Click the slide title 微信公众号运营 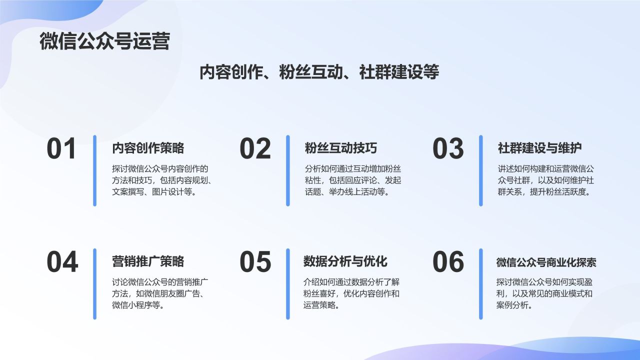click(104, 41)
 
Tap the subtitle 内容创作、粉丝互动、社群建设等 click(319, 72)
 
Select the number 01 click(61, 149)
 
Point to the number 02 click(255, 149)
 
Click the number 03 click(448, 149)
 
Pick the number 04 click(62, 262)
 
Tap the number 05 click(255, 262)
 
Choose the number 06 click(448, 262)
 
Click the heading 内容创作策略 click(148, 148)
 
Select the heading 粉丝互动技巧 click(341, 148)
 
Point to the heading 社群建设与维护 click(539, 148)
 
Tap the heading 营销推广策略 click(148, 261)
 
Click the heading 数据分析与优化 click(345, 261)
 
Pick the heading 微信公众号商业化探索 click(546, 262)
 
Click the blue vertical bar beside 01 click(94, 170)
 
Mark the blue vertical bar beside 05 click(287, 283)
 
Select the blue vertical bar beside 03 click(481, 170)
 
